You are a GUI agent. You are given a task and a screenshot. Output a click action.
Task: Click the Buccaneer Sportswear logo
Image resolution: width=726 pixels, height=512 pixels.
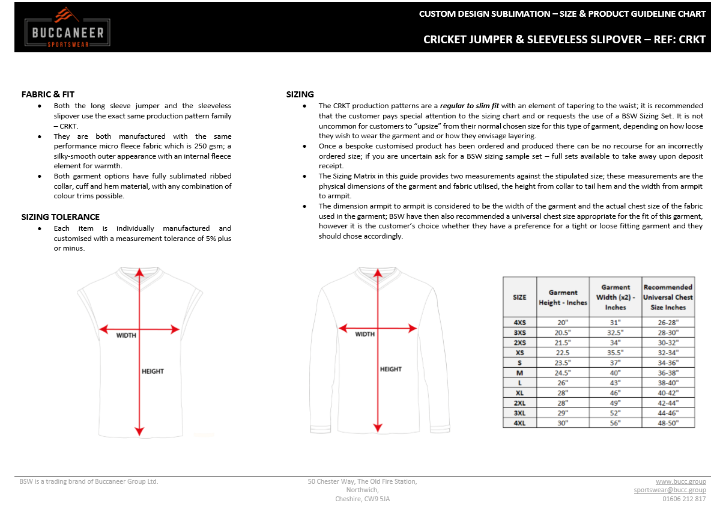[x=67, y=28]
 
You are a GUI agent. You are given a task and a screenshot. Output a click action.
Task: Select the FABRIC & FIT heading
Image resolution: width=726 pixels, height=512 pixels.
[x=48, y=94]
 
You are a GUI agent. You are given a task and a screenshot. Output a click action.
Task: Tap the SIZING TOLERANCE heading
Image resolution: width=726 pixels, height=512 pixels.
[x=61, y=217]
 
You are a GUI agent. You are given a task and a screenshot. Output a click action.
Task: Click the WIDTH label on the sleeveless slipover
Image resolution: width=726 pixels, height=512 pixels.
[x=126, y=335]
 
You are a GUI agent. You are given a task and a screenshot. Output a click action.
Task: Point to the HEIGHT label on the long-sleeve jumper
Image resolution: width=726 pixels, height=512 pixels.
[x=390, y=369]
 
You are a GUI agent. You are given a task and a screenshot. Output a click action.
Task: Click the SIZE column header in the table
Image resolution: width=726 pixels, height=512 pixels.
[x=519, y=297]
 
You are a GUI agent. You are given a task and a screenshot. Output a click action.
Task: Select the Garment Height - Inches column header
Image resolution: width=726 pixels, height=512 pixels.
[x=563, y=297]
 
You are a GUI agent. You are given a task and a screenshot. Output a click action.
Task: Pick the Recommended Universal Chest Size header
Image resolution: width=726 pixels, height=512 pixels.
[x=668, y=297]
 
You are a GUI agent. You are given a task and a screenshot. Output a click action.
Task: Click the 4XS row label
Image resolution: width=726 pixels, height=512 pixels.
[x=519, y=323]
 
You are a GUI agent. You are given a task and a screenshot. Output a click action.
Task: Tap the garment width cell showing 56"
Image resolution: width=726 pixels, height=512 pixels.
[x=615, y=423]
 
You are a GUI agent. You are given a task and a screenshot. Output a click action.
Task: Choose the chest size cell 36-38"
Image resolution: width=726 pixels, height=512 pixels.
[x=668, y=373]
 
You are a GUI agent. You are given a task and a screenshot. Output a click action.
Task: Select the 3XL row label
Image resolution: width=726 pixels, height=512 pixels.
[x=519, y=413]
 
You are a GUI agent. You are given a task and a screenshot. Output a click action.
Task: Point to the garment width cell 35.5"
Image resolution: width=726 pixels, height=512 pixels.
[x=615, y=353]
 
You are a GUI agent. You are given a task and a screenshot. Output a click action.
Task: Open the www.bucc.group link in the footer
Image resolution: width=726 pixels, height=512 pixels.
[x=680, y=481]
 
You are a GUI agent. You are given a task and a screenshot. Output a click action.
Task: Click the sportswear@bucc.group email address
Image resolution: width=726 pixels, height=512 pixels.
[x=670, y=490]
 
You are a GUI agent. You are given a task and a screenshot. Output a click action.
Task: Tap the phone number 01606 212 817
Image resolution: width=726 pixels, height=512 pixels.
[x=684, y=499]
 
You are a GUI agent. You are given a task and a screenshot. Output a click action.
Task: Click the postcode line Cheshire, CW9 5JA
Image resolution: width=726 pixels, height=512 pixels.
[x=362, y=499]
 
